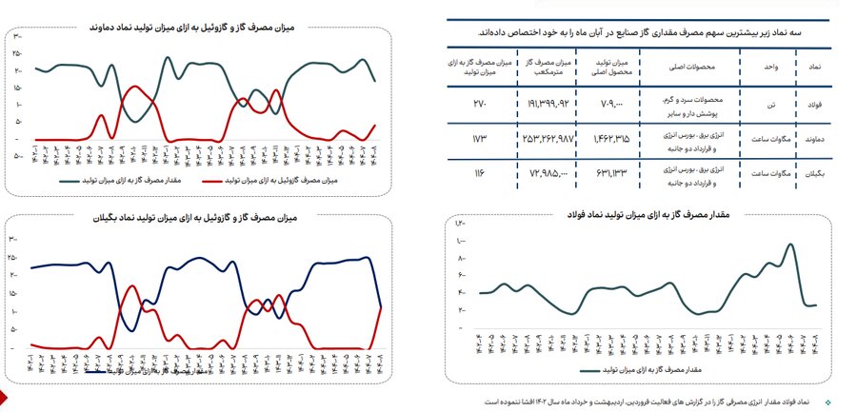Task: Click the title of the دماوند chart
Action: point(194,29)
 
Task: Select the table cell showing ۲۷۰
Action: point(481,102)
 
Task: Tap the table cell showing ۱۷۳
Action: point(481,140)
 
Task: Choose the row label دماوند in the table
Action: point(815,140)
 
